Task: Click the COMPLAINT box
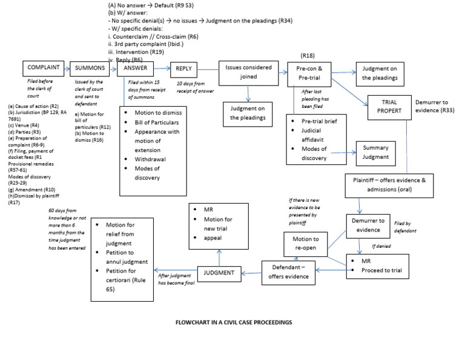tap(43, 68)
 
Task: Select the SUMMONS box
tap(90, 68)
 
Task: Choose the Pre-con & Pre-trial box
tap(309, 73)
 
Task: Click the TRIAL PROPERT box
tap(389, 107)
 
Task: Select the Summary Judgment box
tap(376, 152)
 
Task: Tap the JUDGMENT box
tap(219, 273)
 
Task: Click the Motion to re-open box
tap(306, 243)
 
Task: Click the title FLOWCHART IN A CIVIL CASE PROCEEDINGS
tap(233, 322)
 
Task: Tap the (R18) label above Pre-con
tap(308, 55)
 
